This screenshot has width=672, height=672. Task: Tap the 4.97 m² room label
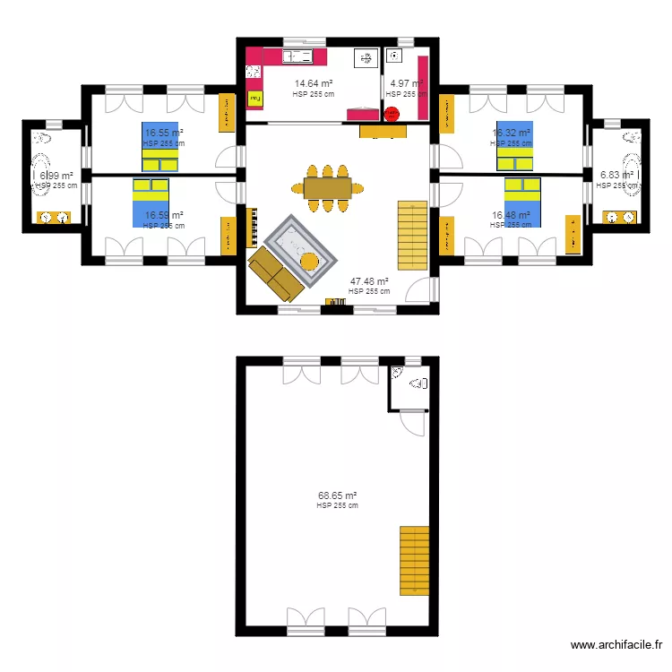tap(406, 83)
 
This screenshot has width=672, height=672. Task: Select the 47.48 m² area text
tap(368, 281)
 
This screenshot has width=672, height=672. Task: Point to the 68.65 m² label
tap(337, 495)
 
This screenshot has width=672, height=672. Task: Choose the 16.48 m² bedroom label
tap(510, 215)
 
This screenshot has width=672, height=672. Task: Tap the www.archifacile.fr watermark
tap(616, 645)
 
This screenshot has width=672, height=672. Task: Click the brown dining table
tap(327, 187)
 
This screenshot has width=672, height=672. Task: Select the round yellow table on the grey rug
tap(308, 262)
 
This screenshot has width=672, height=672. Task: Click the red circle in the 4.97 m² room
tap(392, 113)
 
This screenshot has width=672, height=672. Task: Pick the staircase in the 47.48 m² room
tap(413, 235)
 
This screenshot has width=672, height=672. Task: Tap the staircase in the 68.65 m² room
tap(414, 560)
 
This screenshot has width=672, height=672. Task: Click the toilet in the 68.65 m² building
tap(418, 383)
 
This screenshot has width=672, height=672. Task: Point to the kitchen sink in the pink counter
tap(297, 56)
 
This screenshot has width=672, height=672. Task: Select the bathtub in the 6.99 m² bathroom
tap(43, 176)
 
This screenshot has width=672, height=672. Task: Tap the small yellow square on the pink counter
tap(254, 96)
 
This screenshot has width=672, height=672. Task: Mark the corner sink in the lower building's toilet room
tap(397, 372)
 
